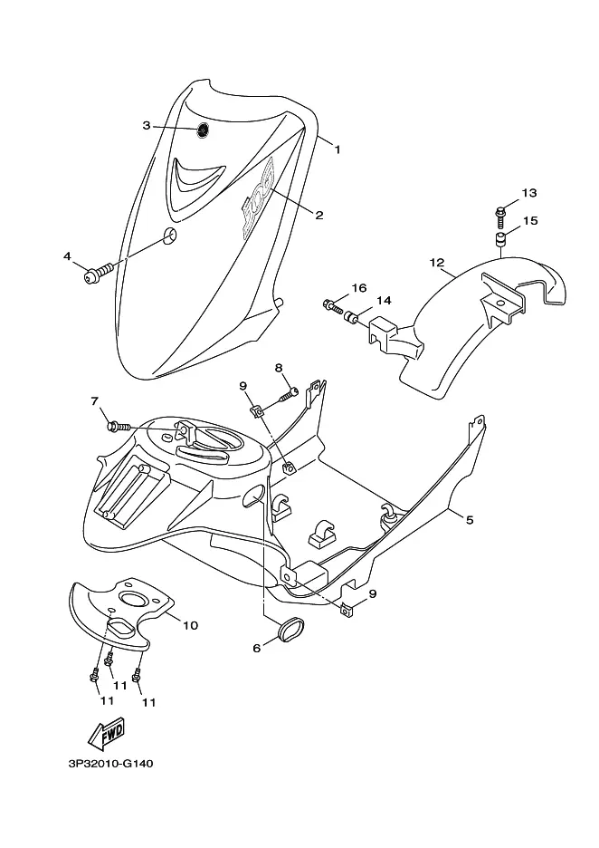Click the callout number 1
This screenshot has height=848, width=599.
(x=338, y=149)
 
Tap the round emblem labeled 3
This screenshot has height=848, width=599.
(x=203, y=130)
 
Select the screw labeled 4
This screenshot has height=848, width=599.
(x=99, y=273)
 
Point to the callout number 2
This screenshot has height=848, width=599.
(x=319, y=216)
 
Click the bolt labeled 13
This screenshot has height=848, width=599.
(x=500, y=216)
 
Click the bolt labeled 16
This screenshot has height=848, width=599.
(x=333, y=306)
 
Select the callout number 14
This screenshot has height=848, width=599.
(x=384, y=300)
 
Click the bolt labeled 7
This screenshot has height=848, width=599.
(x=119, y=427)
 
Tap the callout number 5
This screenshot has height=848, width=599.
(x=470, y=520)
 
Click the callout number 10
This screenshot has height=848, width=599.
(x=190, y=626)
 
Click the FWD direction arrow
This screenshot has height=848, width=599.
(x=107, y=733)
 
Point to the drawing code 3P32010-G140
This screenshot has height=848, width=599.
(x=110, y=764)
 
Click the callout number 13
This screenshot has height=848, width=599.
(x=529, y=193)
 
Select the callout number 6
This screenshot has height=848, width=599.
(x=257, y=648)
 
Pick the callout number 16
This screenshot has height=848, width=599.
(x=359, y=288)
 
